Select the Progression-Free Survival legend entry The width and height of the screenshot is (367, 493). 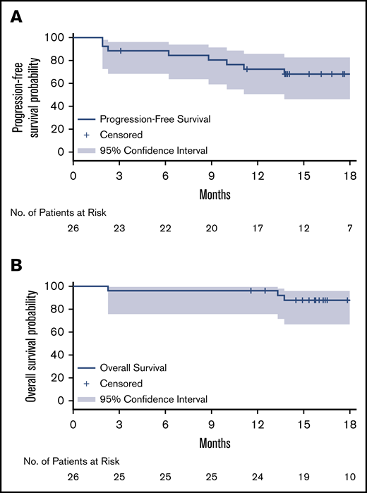click(150, 120)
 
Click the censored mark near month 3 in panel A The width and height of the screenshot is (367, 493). click(121, 51)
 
